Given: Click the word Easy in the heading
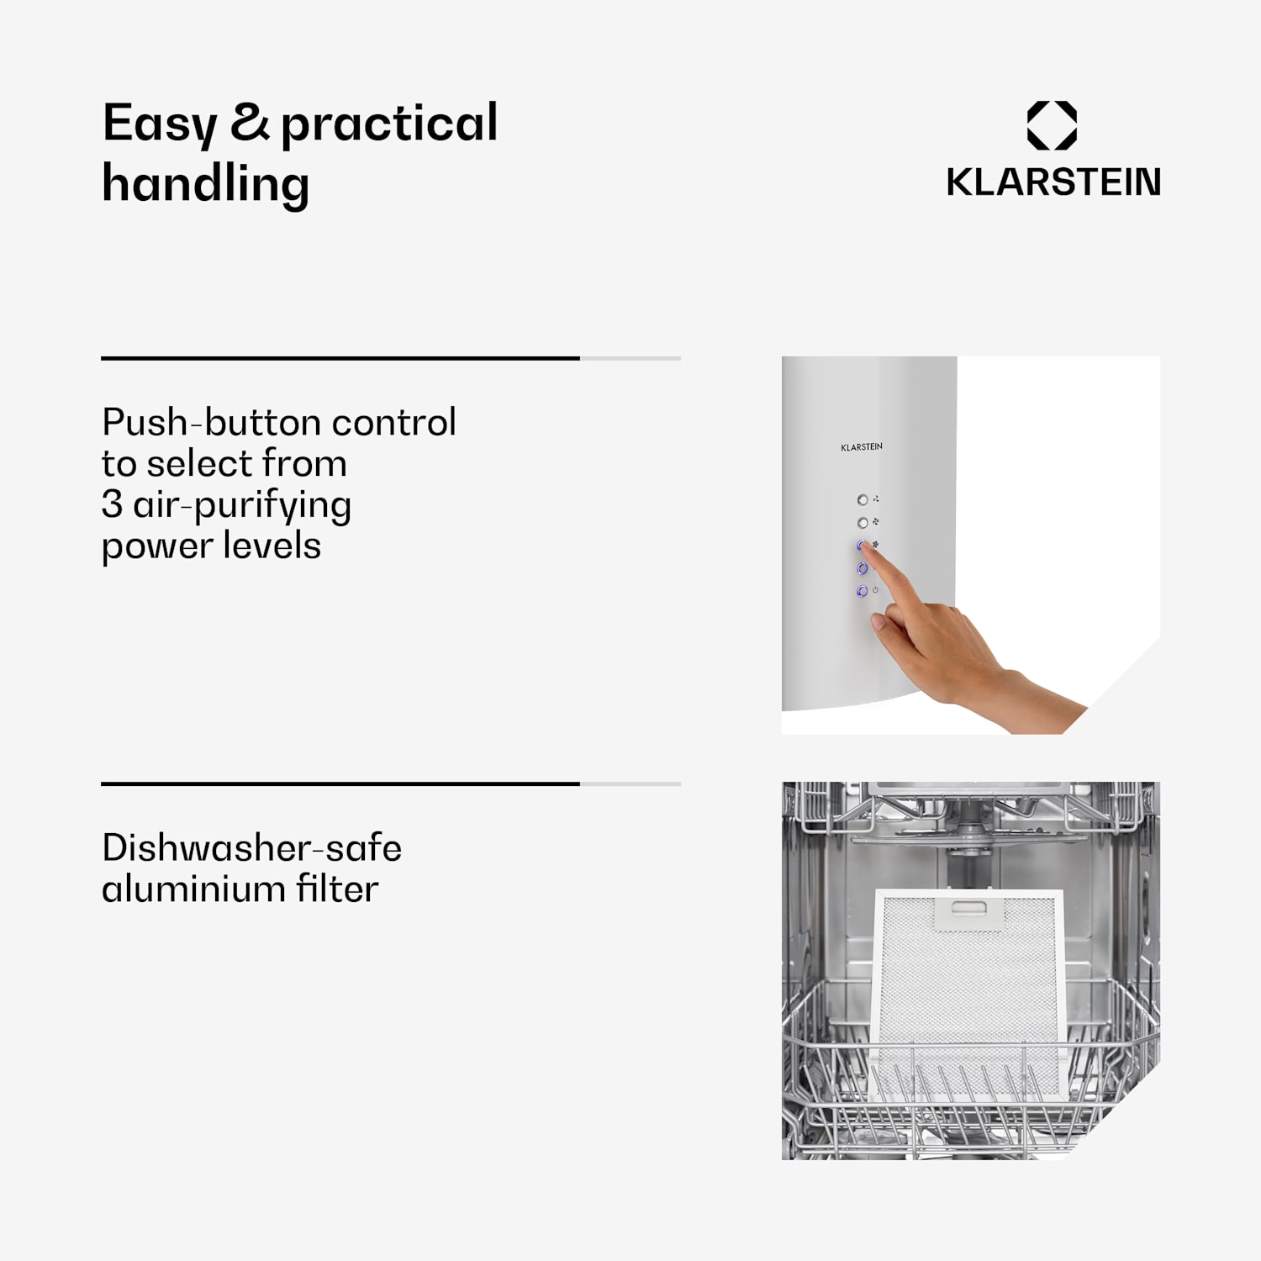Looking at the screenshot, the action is click(x=160, y=124).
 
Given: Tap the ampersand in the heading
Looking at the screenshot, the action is click(x=250, y=121).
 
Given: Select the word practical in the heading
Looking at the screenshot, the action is click(x=389, y=124).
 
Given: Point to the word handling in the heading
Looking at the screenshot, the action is click(x=206, y=183).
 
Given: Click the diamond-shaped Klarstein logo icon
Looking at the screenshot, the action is click(x=1052, y=125).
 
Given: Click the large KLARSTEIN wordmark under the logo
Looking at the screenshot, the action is click(x=1053, y=182).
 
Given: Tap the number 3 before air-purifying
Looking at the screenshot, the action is click(x=112, y=504).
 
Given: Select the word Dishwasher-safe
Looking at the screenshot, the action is click(x=252, y=847).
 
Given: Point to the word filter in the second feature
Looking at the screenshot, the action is click(x=337, y=889).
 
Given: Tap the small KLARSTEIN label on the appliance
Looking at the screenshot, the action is click(x=862, y=447).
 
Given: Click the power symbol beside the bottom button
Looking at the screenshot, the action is click(x=875, y=590).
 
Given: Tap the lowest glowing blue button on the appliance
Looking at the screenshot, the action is click(x=862, y=592).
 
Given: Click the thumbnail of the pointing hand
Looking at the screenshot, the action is click(x=971, y=546).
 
